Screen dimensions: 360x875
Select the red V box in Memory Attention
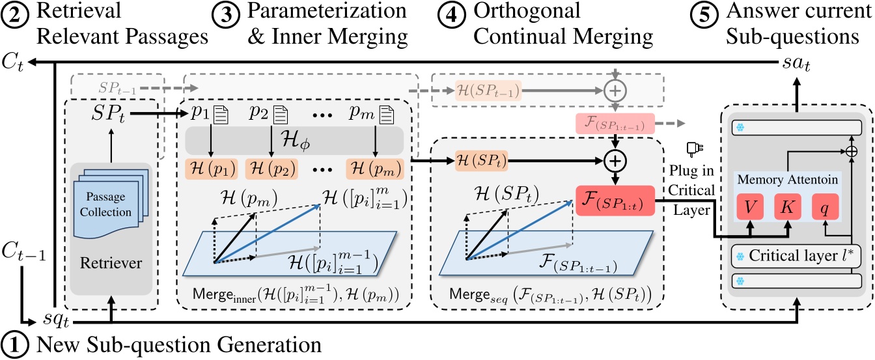750,206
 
